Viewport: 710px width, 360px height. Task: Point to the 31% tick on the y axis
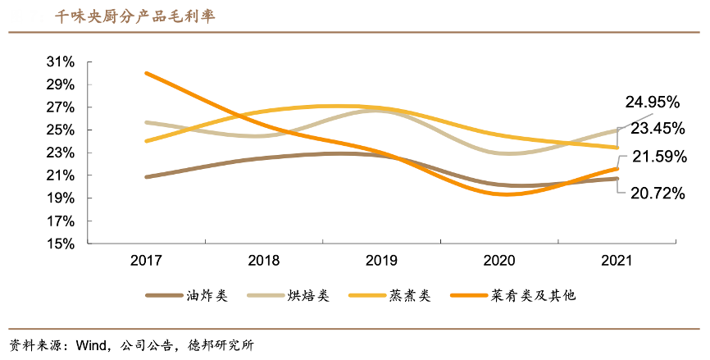(x=61, y=62)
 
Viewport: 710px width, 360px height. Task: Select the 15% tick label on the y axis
(x=61, y=244)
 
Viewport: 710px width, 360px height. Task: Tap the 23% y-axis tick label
(x=61, y=153)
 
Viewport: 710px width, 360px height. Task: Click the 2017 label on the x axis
(x=146, y=261)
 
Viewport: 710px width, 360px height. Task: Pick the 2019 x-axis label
(x=381, y=261)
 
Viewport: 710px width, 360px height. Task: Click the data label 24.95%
(x=653, y=103)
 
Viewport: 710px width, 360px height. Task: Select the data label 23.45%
(x=658, y=129)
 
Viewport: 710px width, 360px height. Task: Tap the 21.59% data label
(x=658, y=157)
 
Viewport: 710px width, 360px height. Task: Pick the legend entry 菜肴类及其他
(x=534, y=295)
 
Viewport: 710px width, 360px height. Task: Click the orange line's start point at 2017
(x=146, y=73)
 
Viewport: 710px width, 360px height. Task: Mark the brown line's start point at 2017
(x=146, y=176)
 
